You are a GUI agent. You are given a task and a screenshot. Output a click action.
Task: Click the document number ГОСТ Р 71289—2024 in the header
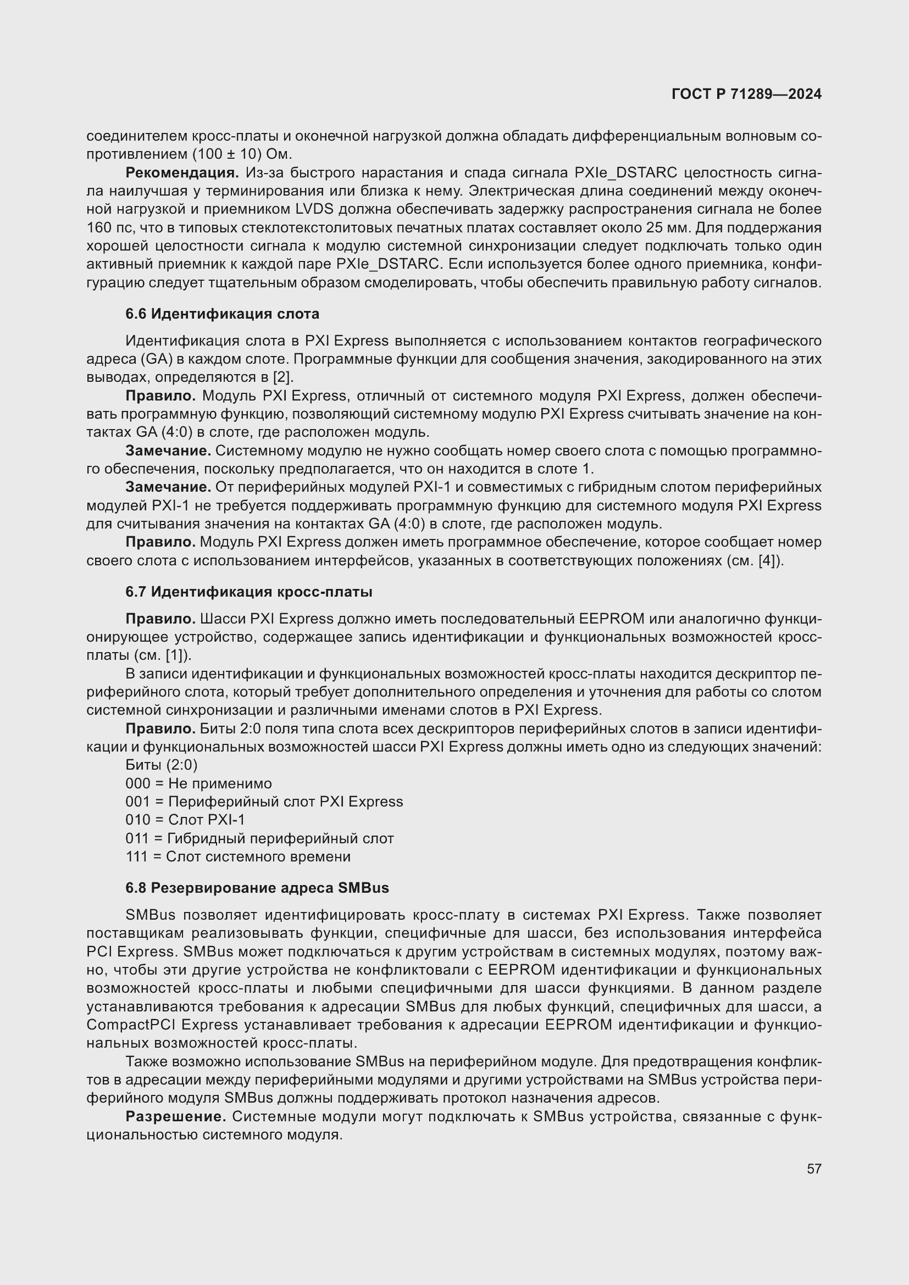coord(746,94)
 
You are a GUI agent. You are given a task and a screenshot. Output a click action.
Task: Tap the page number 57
coord(814,1169)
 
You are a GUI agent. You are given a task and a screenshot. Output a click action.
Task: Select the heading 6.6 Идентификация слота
coord(222,314)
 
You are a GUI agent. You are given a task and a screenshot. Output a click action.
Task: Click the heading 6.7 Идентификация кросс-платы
coord(248,592)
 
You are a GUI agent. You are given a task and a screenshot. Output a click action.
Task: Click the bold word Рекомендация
coord(182,173)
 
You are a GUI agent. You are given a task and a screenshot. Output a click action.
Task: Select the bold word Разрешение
coord(175,1116)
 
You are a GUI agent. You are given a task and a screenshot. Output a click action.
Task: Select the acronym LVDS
coord(314,209)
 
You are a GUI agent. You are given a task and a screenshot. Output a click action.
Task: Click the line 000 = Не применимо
coord(198,783)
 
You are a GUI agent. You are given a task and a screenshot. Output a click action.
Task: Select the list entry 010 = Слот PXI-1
coord(185,820)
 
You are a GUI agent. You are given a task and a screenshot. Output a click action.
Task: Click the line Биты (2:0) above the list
coord(161,765)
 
